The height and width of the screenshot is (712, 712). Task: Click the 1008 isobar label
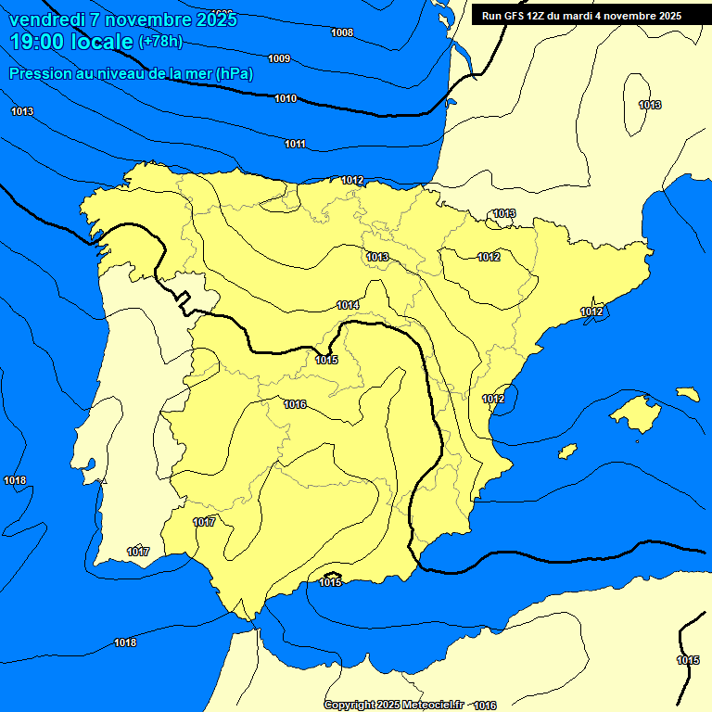coord(342,32)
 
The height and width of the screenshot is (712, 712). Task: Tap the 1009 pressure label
coord(279,59)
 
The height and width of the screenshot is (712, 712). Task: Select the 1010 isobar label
coord(286,98)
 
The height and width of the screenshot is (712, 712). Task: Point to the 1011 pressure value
coord(295,144)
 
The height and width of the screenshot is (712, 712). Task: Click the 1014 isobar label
coord(348,305)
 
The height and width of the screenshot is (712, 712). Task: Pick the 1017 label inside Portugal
coord(138,552)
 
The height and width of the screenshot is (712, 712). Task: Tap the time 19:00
coord(37,42)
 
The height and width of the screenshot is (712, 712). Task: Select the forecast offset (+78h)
coord(161,42)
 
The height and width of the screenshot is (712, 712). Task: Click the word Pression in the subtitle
coord(38,73)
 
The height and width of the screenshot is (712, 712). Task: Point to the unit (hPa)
coord(235,73)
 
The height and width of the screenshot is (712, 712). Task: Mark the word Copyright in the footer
coord(350,705)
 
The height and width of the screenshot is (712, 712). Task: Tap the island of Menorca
coord(688,394)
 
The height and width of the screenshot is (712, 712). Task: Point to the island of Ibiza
coord(567,451)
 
